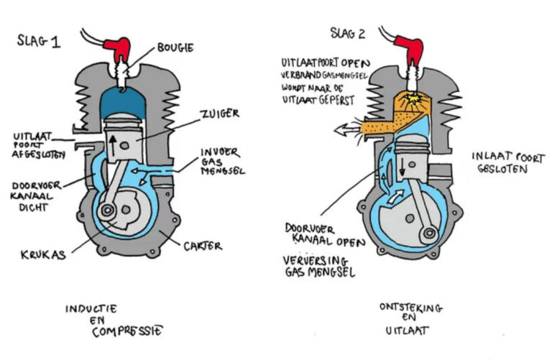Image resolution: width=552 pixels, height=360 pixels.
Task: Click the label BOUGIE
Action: pyautogui.click(x=175, y=47)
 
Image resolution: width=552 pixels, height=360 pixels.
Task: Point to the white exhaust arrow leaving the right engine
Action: pyautogui.click(x=350, y=130)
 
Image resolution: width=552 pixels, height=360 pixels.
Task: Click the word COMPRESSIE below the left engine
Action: pyautogui.click(x=127, y=333)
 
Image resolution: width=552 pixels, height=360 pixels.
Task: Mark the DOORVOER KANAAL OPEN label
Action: pyautogui.click(x=325, y=234)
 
